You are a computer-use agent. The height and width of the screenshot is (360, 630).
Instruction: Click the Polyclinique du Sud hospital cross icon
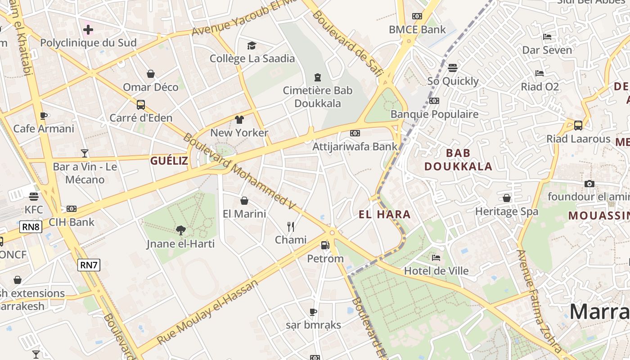[x=88, y=30]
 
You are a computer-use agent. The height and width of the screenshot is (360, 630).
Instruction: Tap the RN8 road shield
[x=31, y=227]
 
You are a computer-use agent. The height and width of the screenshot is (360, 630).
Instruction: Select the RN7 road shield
[x=89, y=265]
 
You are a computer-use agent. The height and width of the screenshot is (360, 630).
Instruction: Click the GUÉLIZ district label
[x=169, y=161]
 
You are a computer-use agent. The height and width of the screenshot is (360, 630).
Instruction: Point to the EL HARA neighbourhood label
[x=385, y=214]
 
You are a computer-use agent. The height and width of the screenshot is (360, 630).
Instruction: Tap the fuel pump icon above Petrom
[x=325, y=245]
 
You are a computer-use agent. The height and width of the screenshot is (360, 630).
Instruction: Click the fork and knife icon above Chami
[x=291, y=226]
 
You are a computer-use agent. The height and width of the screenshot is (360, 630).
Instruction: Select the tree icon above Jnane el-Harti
[x=180, y=230]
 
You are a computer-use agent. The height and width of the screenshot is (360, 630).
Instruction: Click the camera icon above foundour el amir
[x=589, y=184]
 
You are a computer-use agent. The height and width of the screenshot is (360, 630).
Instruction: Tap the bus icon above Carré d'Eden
[x=141, y=105]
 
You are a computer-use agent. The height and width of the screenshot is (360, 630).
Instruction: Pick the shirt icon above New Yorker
[x=239, y=120]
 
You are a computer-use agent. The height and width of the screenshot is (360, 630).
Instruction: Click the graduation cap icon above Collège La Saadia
[x=252, y=45]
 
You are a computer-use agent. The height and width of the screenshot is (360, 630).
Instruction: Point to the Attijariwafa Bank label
[x=355, y=146]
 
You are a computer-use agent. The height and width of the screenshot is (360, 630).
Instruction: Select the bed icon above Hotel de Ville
[x=436, y=258]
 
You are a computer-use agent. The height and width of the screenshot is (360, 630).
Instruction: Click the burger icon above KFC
[x=34, y=197]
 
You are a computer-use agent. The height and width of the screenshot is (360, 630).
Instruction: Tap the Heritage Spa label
[x=506, y=211]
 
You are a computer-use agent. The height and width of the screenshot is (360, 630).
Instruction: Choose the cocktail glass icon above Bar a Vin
[x=85, y=153]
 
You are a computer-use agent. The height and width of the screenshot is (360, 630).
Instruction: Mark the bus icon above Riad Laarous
[x=578, y=125]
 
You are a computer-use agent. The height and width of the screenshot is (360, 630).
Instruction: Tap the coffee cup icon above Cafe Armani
[x=44, y=116]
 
